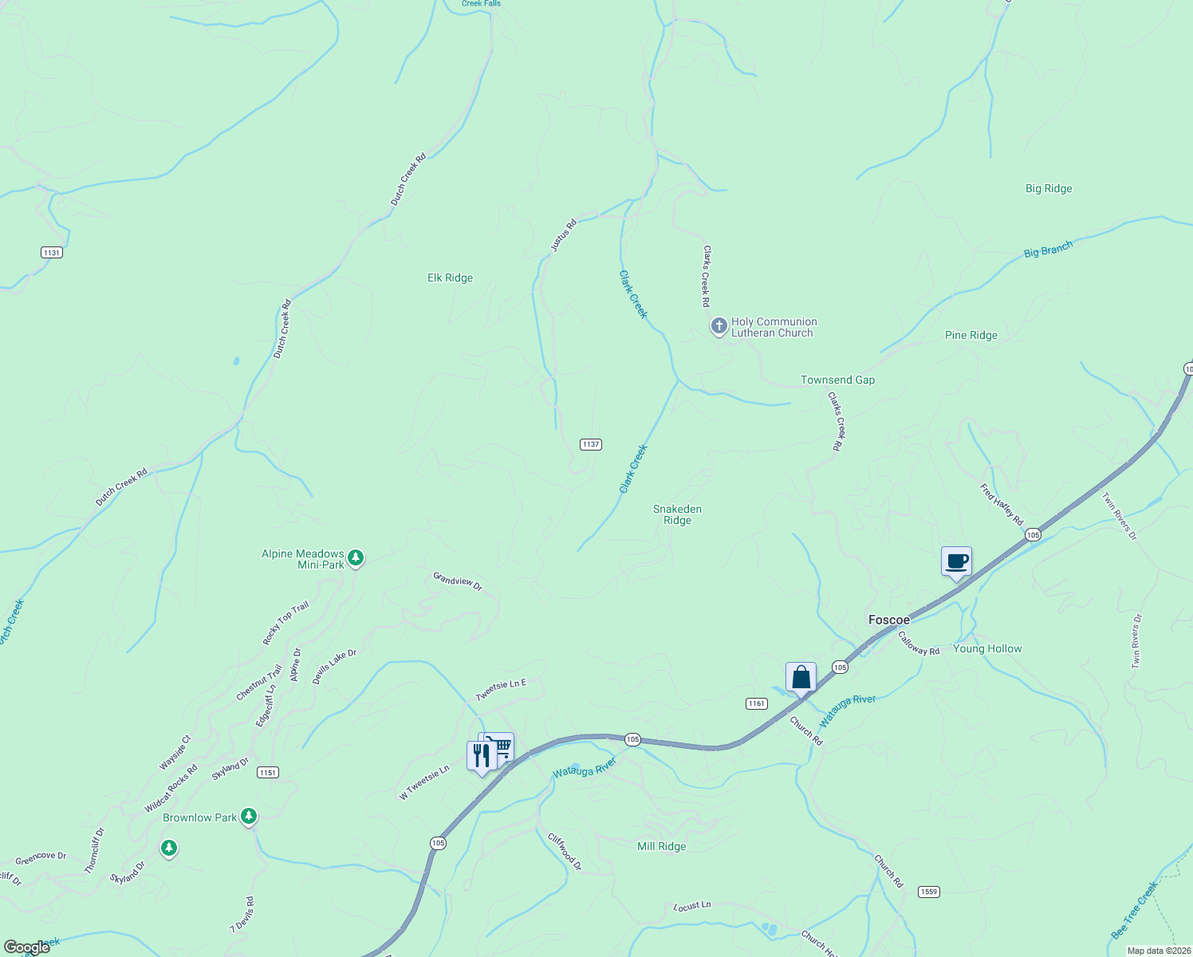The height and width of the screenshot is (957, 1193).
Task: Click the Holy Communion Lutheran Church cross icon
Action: [x=719, y=326]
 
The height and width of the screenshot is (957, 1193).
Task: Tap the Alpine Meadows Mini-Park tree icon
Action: [x=356, y=557]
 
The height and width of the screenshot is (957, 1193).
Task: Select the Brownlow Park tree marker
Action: [x=250, y=816]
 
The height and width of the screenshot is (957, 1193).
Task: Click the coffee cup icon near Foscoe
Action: [x=956, y=562]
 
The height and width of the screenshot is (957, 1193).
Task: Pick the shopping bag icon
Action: [x=801, y=679]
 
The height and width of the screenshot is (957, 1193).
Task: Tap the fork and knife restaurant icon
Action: [x=482, y=755]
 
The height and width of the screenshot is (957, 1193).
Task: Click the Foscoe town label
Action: [x=888, y=620]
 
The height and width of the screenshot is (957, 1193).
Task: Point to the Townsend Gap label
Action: [x=837, y=380]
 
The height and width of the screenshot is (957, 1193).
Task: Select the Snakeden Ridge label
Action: [x=677, y=514]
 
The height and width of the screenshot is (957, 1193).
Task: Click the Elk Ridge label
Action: [x=450, y=278]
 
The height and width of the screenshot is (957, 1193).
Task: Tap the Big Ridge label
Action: [x=1049, y=188]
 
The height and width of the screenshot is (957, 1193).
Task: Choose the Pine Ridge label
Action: [x=971, y=335]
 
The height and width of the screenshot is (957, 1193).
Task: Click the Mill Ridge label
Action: [x=661, y=846]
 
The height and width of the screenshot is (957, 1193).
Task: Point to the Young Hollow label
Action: [x=987, y=648]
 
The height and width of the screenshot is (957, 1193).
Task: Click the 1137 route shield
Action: [x=590, y=444]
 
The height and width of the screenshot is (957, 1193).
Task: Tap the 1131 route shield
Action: [x=51, y=252]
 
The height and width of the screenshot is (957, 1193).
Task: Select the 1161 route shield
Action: [x=756, y=703]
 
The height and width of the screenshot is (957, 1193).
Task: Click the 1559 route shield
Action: [x=928, y=892]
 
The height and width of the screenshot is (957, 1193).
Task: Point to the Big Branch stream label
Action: [x=1048, y=250]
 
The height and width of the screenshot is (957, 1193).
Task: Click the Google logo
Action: [x=27, y=947]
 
